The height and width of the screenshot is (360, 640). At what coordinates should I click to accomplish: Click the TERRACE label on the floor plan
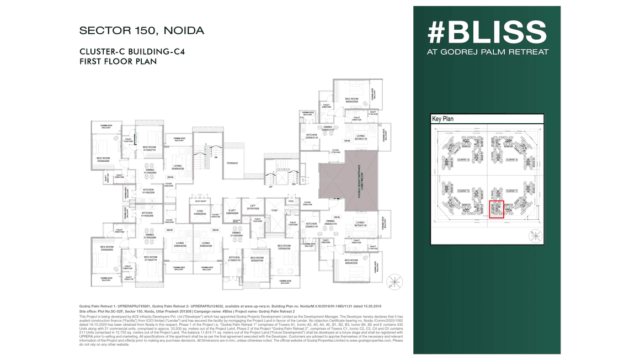pos(231,163)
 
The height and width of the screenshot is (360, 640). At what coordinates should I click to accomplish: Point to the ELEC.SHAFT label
pos(200,201)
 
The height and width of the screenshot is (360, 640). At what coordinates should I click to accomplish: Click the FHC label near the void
pos(291,201)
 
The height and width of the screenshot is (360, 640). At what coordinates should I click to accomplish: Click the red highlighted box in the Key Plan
pos(496,210)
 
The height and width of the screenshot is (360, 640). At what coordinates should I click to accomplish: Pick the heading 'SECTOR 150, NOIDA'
pos(142,30)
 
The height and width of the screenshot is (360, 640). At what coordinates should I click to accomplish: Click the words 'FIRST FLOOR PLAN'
pos(118,61)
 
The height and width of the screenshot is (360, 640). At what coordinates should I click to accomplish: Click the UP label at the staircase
pos(270,187)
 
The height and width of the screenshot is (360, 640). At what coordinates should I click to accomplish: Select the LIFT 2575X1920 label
pos(252,207)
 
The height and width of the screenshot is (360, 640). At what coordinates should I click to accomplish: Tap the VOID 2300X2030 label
pos(200,212)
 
